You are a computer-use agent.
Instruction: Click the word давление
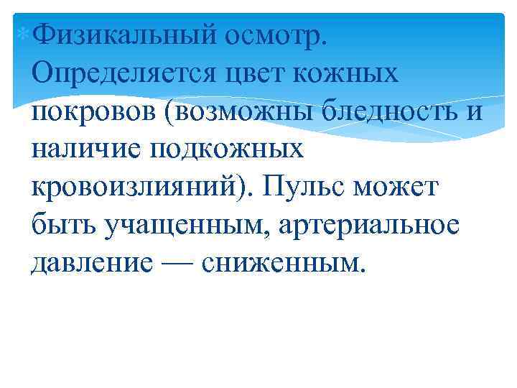tap(93, 264)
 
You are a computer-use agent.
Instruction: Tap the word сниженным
tap(284, 264)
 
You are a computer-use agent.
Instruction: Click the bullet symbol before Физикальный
tap(26, 32)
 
